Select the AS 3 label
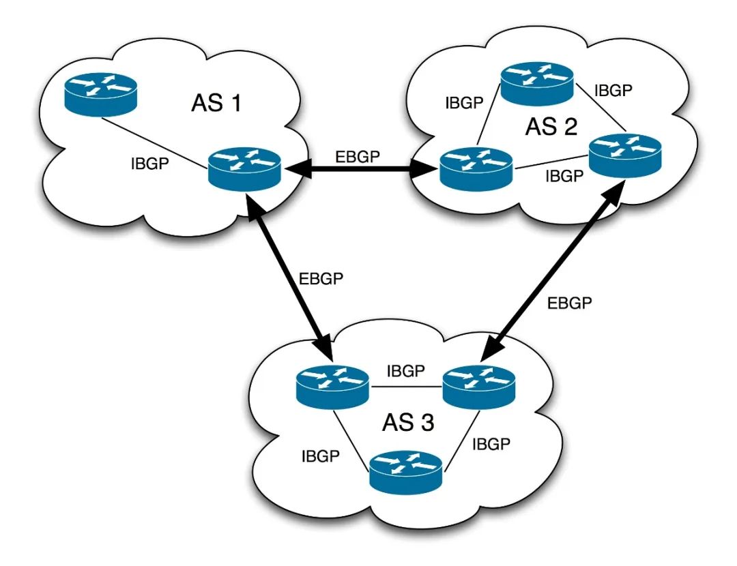407,422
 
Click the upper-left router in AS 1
101,93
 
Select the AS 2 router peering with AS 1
476,166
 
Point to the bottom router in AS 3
406,472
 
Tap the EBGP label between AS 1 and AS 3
322,279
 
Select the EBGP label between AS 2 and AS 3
570,303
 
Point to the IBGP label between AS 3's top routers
406,372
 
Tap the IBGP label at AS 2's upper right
613,90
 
